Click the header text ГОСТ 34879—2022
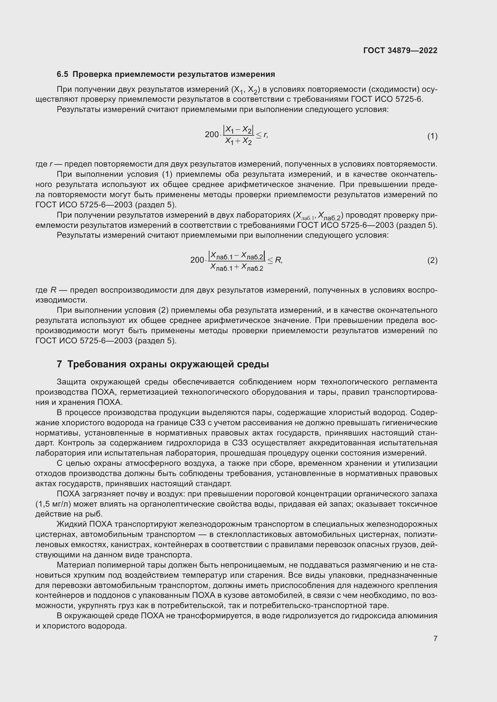(x=400, y=50)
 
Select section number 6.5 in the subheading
(x=63, y=74)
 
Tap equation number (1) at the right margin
(x=432, y=136)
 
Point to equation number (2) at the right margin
(x=432, y=260)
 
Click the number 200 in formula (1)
(x=212, y=134)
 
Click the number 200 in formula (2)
(x=197, y=260)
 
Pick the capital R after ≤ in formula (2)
(x=278, y=260)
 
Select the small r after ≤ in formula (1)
(x=265, y=134)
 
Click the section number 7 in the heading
(x=59, y=364)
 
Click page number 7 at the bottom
(x=435, y=638)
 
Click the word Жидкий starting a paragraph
(x=72, y=524)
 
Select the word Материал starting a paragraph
(x=76, y=565)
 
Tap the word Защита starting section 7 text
(x=71, y=382)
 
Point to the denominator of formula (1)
(x=238, y=141)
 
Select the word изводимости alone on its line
(x=61, y=300)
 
